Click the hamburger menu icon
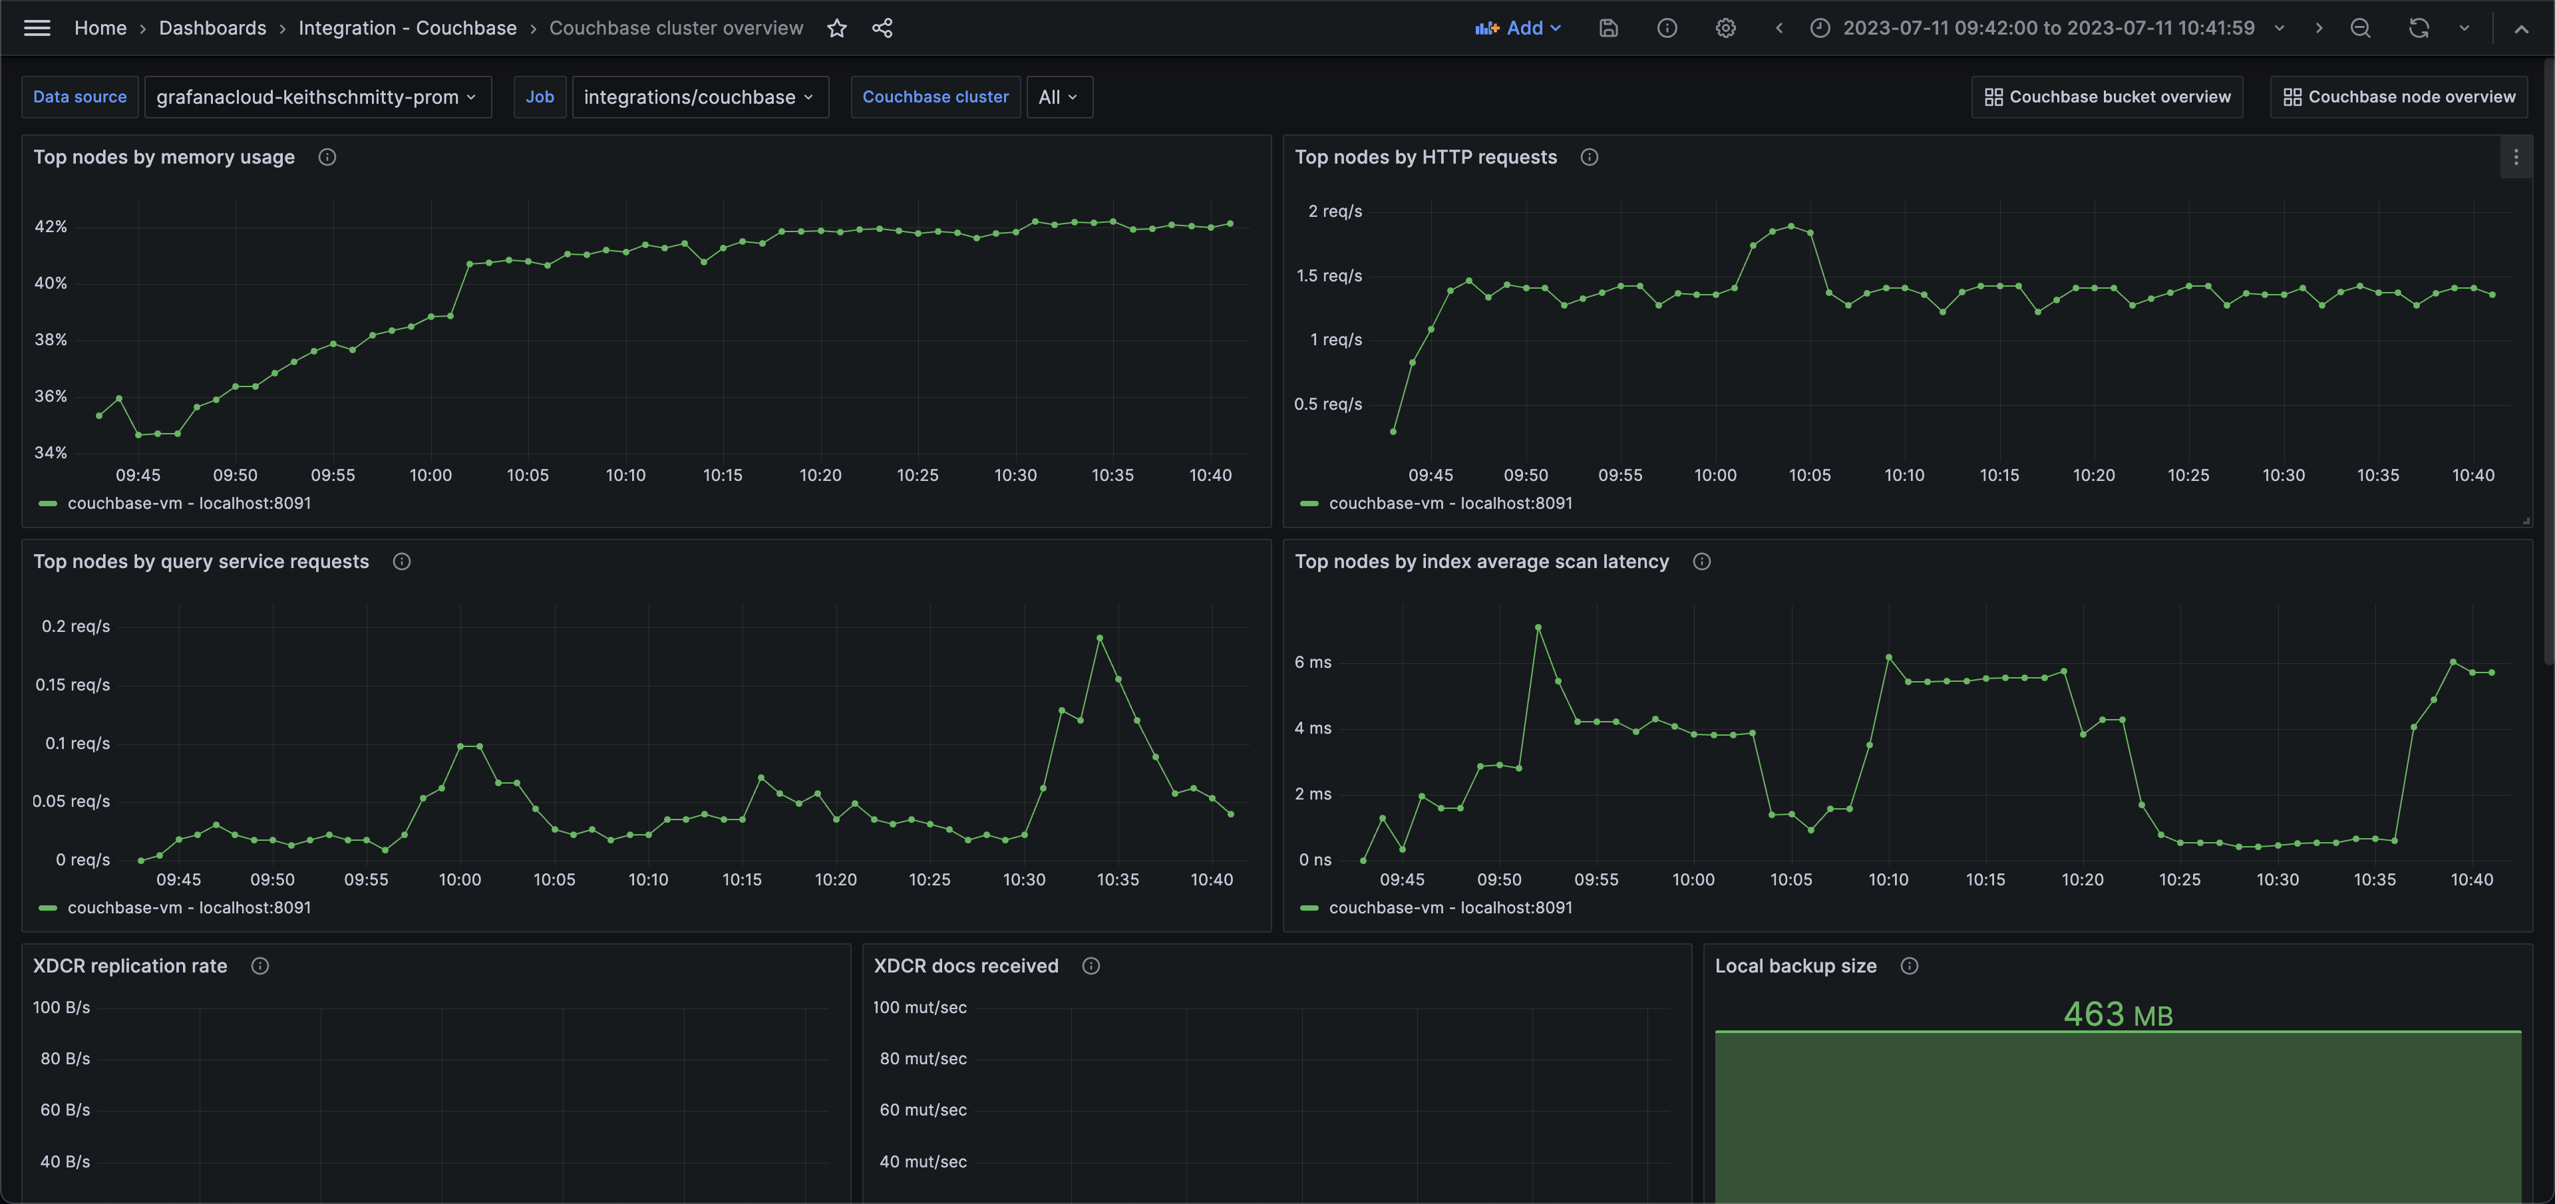37,28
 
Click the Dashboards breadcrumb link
212,28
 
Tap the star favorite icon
837,28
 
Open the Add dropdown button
1518,28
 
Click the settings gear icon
1726,28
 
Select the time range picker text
2048,28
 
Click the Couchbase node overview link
2399,97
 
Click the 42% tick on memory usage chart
51,227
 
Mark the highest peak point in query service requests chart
1100,638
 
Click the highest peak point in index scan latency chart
1538,627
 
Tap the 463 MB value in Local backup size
2118,1014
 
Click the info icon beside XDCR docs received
1091,966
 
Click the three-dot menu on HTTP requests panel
2515,158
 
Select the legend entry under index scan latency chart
1449,907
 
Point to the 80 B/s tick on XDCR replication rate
65,1058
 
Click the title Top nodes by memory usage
164,158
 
